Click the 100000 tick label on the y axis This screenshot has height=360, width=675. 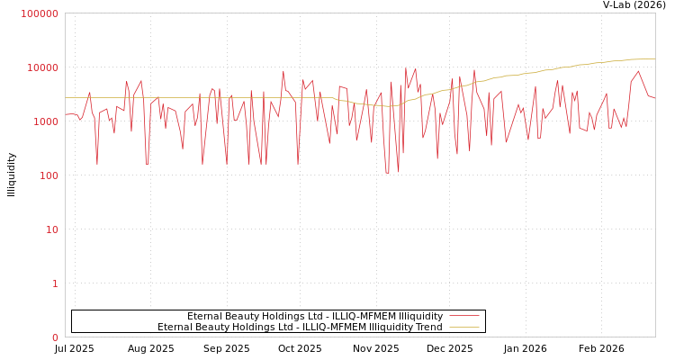click(40, 13)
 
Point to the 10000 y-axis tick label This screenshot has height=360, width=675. click(43, 67)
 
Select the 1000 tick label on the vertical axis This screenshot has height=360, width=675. click(46, 121)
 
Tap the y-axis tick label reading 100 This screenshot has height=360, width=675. click(49, 175)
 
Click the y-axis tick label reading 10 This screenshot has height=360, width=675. click(52, 229)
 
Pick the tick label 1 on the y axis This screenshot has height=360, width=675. click(55, 283)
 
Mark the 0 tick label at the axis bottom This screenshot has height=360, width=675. click(55, 337)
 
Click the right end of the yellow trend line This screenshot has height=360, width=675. click(654, 59)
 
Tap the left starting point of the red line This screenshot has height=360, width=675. click(66, 114)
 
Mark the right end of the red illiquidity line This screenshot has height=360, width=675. click(654, 97)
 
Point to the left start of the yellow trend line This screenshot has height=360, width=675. click(66, 97)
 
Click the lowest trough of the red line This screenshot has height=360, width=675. click(387, 173)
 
